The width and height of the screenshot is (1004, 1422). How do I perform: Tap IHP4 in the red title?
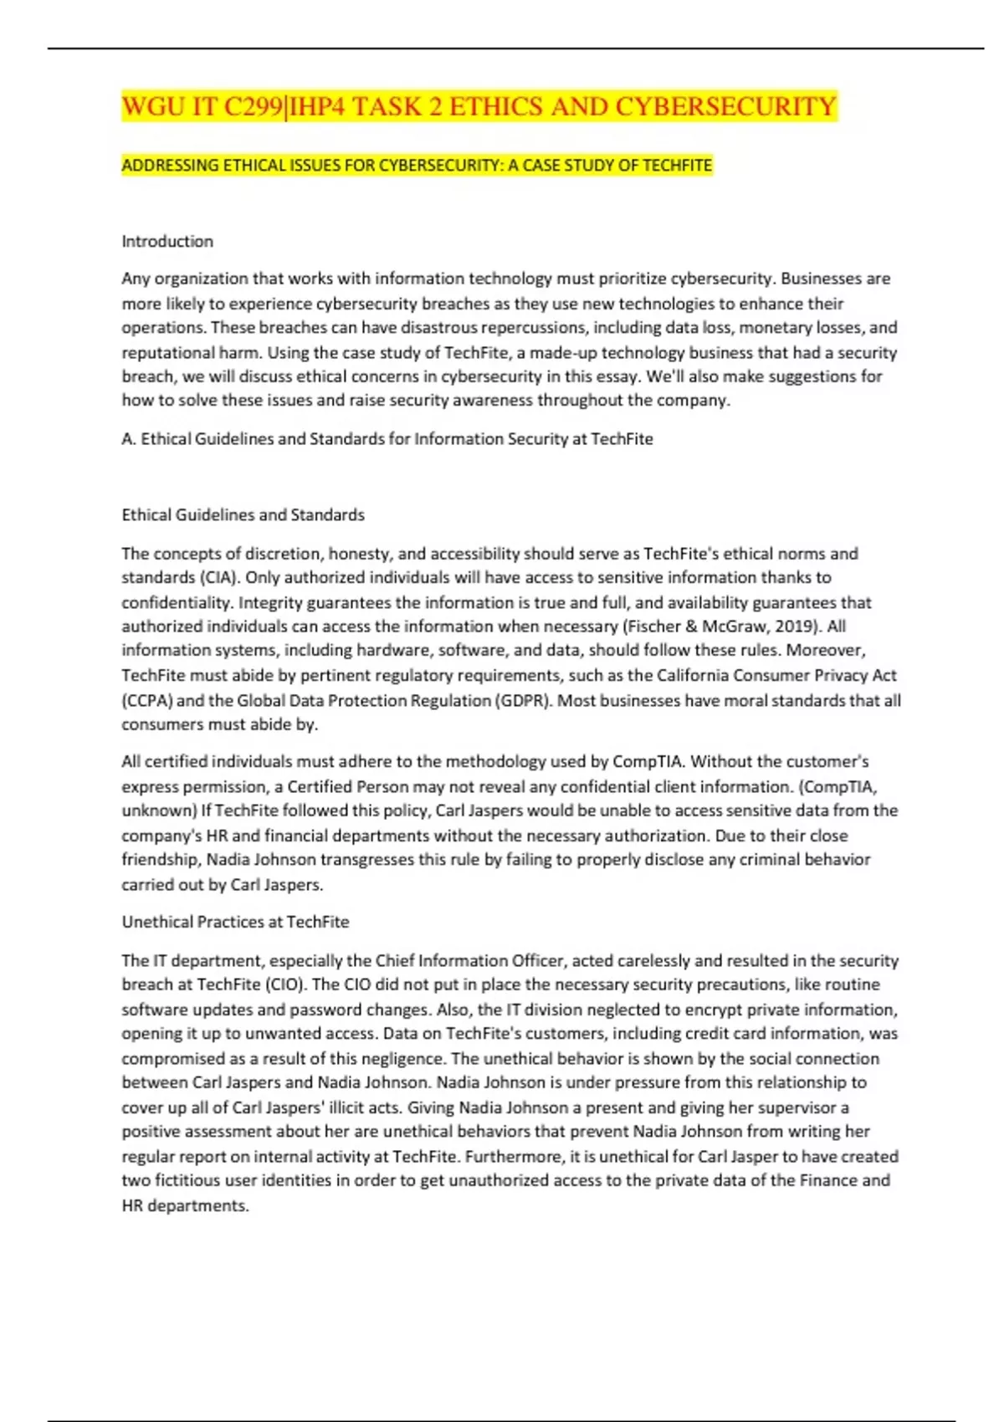(313, 107)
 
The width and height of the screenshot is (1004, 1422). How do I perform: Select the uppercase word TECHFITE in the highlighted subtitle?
(677, 166)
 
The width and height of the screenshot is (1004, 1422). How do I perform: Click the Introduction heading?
(167, 242)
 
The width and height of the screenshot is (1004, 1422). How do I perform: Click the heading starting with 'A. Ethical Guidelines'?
(387, 439)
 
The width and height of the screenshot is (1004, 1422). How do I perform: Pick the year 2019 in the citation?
(802, 627)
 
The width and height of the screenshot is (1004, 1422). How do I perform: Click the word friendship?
(161, 860)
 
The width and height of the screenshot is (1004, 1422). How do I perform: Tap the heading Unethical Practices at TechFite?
(235, 922)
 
